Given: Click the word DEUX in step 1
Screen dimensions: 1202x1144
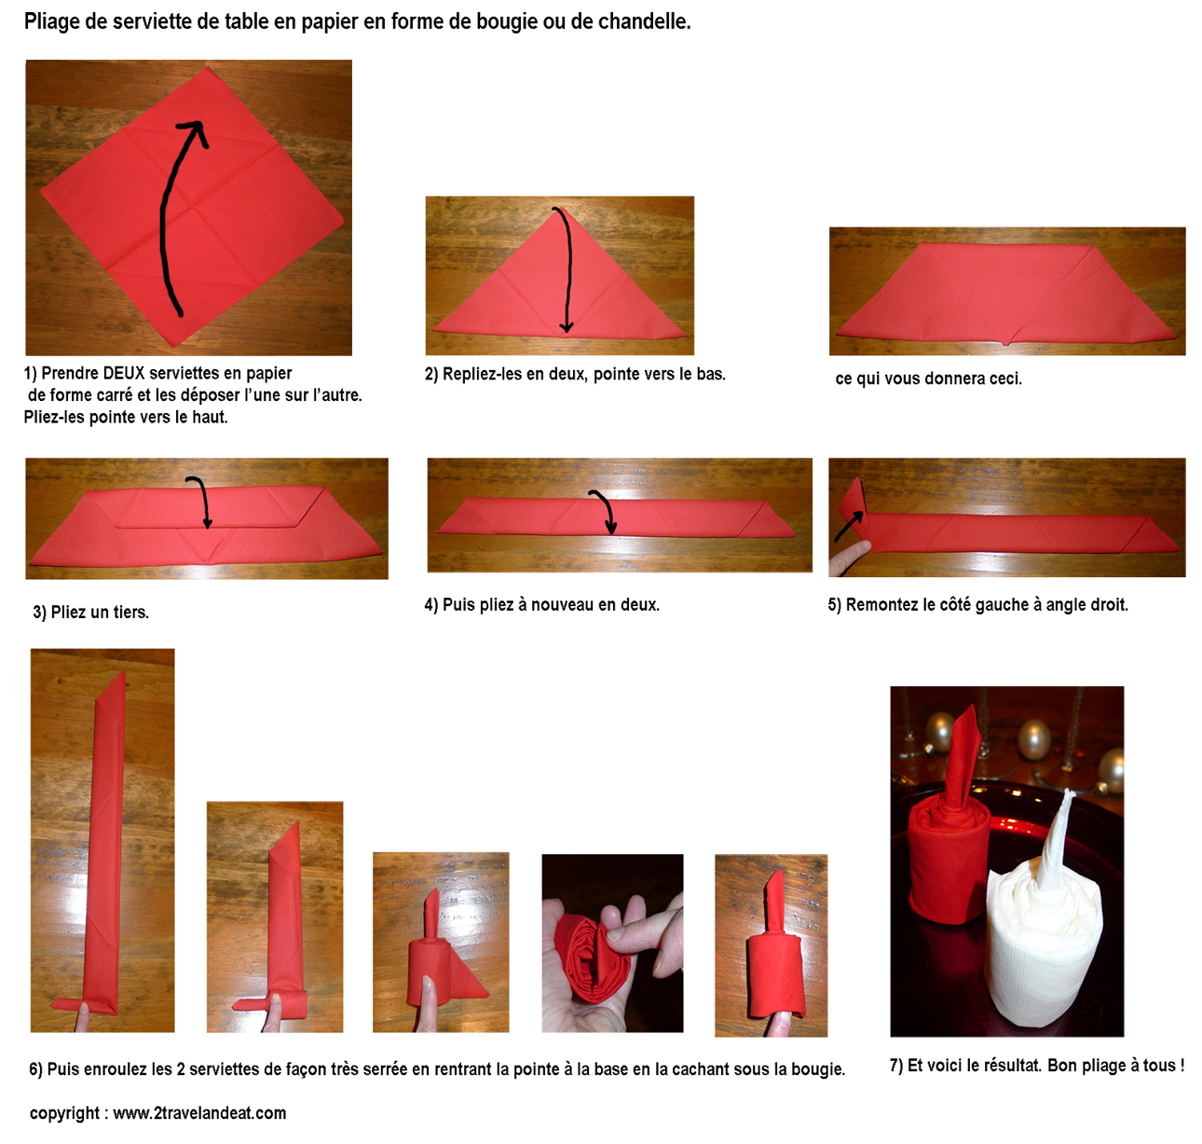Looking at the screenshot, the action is pos(123,373).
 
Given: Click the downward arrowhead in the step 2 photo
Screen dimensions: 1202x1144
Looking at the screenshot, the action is pos(567,325).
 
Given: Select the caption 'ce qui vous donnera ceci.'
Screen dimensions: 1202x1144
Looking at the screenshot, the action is pos(928,379).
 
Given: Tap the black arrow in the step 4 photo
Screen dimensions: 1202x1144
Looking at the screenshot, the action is pos(606,510).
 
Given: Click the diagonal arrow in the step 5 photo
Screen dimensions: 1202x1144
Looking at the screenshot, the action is pos(850,527).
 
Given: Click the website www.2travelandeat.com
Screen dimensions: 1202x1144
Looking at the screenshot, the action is pos(199,1113).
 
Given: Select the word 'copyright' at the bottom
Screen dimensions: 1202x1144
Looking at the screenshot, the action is pos(64,1113).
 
